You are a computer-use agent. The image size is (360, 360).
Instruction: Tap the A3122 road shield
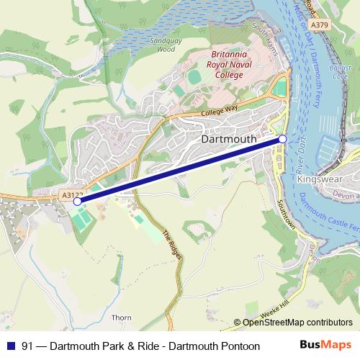[73, 194]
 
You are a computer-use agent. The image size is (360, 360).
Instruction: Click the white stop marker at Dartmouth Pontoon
[283, 138]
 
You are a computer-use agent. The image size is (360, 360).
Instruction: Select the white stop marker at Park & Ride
[77, 202]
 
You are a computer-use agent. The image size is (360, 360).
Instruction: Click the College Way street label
[220, 109]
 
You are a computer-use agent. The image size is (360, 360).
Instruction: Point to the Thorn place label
[122, 317]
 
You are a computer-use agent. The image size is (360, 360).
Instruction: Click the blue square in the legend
[10, 346]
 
